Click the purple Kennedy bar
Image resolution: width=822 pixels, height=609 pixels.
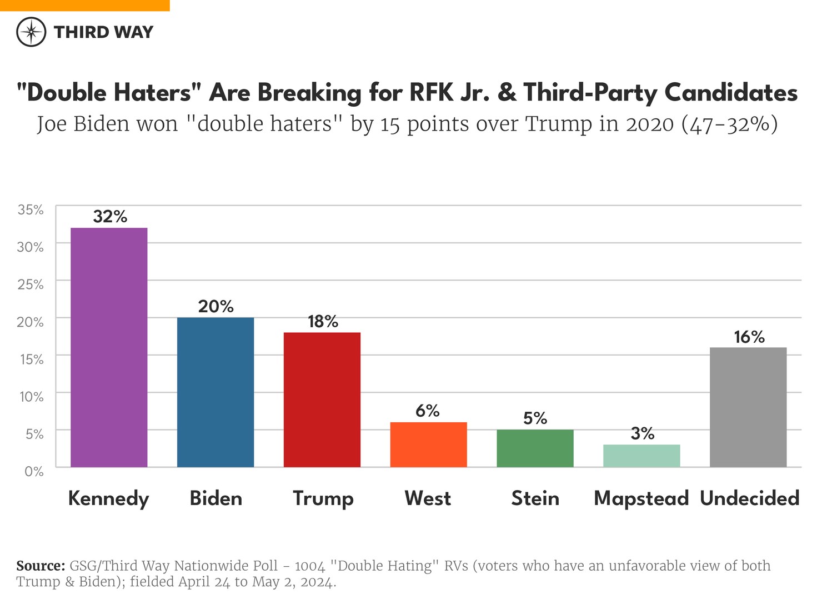[109, 347]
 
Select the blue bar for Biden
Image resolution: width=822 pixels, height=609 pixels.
[215, 392]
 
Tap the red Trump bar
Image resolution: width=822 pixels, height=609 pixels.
[322, 400]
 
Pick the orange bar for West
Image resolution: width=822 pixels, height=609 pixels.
[428, 445]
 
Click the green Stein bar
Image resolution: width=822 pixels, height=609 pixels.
[535, 448]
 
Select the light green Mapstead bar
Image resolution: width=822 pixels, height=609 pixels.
[641, 456]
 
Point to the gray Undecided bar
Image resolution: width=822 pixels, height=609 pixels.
[748, 407]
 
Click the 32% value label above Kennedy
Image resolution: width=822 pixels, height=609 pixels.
[110, 216]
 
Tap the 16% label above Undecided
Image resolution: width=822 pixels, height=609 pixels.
[749, 337]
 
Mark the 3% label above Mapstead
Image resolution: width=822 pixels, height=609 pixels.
[642, 433]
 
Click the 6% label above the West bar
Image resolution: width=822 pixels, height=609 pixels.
[428, 411]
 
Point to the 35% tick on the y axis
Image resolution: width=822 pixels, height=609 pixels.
[31, 209]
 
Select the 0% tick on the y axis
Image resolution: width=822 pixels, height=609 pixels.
[34, 471]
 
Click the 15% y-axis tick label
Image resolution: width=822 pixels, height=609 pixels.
[32, 360]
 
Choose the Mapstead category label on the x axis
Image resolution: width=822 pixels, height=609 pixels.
[641, 498]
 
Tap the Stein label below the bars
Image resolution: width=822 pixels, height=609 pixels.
[535, 498]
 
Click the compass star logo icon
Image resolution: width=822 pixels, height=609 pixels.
[31, 32]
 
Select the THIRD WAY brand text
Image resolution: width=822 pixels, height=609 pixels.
[103, 32]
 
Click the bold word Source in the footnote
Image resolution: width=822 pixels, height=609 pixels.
[41, 566]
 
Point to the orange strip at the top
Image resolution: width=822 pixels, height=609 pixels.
[84, 5]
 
